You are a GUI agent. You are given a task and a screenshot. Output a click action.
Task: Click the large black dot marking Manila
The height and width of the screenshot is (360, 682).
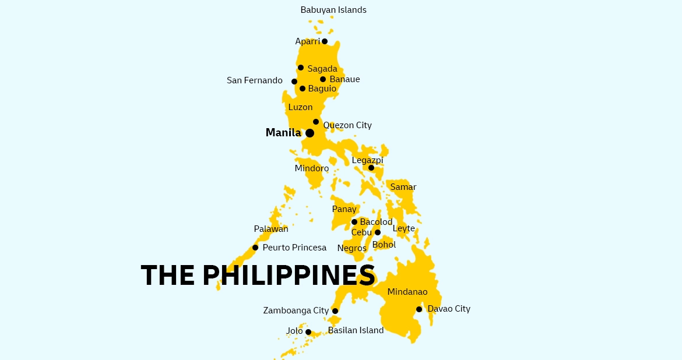pos(310,133)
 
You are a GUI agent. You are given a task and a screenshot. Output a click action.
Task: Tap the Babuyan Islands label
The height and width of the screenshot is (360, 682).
pos(333,10)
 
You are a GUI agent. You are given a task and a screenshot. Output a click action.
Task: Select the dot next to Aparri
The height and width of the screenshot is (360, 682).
pos(325,41)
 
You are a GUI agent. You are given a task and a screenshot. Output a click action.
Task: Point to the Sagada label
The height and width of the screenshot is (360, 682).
pos(322,69)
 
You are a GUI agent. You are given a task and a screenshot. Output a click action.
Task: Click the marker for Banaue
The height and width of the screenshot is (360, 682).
pos(323,79)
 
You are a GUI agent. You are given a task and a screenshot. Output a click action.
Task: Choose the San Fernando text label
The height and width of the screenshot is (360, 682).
pos(255,80)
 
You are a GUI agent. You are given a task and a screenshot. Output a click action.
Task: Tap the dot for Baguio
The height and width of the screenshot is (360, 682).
pos(303,89)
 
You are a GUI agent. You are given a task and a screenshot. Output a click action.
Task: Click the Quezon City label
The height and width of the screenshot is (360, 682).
pos(347,125)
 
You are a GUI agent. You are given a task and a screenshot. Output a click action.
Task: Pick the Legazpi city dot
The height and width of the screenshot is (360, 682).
pos(371,168)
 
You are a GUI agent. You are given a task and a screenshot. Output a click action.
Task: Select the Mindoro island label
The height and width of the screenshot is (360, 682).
pos(312,168)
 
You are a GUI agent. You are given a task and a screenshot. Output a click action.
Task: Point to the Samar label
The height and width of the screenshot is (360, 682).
pos(403,187)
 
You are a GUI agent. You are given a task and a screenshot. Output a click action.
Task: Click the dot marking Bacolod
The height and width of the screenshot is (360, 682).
pos(354,222)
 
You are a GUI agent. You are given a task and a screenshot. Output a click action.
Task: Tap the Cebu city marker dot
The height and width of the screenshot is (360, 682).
pos(378,232)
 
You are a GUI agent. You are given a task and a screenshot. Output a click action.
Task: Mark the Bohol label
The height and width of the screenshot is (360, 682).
pos(384,245)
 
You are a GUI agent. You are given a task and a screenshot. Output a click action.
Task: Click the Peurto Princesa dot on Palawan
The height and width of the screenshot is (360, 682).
pos(255,248)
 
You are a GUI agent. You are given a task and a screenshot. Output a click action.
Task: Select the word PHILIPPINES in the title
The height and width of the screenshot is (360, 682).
pos(289,275)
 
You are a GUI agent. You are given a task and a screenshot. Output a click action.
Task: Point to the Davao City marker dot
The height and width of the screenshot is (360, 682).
pos(419,309)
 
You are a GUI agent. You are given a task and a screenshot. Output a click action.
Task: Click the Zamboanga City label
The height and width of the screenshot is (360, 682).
pos(296,310)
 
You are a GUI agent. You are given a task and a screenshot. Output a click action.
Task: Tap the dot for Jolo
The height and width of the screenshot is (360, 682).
pos(308,332)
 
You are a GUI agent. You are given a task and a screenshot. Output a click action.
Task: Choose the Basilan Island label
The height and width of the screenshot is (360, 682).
pos(356,330)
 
